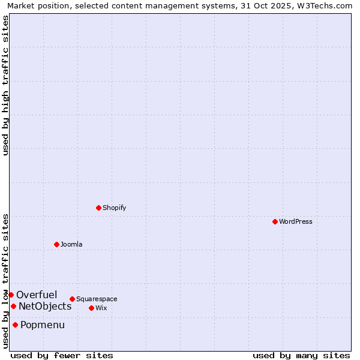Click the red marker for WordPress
(x=275, y=221)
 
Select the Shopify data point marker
(x=98, y=208)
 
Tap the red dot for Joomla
(x=56, y=244)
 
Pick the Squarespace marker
(x=72, y=299)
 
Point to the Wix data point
(x=91, y=308)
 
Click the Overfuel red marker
(x=11, y=295)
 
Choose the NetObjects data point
(x=13, y=306)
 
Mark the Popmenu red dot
(x=15, y=325)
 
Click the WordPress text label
(x=296, y=221)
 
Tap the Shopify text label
(x=114, y=208)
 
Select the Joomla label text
(x=71, y=244)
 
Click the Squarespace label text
(x=97, y=299)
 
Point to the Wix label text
(x=101, y=308)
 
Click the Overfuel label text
(x=37, y=295)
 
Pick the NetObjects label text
(x=45, y=306)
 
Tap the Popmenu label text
(x=43, y=325)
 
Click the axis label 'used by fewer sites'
(x=62, y=355)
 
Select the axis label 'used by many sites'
(x=301, y=355)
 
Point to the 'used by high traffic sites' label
(x=5, y=85)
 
